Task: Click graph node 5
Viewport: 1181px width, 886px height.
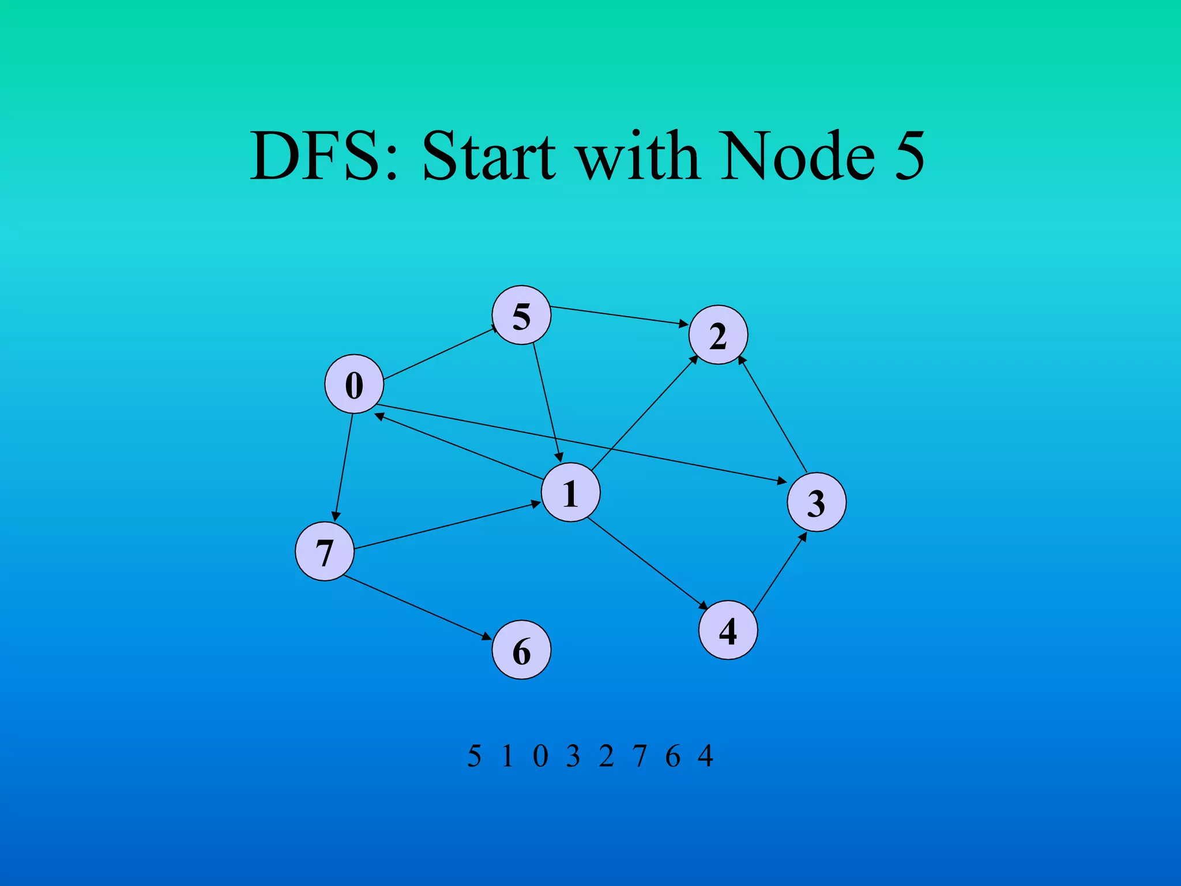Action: [x=521, y=315]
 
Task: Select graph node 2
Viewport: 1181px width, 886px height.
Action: [x=718, y=335]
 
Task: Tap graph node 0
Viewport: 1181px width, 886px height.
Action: [x=354, y=384]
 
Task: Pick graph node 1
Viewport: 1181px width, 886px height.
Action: [x=570, y=493]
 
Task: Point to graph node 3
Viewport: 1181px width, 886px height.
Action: [x=817, y=502]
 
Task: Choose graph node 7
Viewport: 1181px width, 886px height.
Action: [x=325, y=551]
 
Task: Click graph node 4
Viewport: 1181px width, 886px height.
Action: [x=728, y=630]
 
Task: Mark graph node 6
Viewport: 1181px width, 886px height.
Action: [x=521, y=650]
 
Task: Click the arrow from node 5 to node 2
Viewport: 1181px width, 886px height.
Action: [x=620, y=316]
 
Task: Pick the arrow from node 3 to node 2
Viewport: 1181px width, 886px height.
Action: [x=773, y=415]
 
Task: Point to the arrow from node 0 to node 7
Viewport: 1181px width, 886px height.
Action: [x=343, y=467]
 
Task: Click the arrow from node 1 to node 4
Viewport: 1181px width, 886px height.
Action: [x=647, y=564]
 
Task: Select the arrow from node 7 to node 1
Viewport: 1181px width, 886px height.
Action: [x=447, y=525]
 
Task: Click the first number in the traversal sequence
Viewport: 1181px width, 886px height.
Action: [x=474, y=756]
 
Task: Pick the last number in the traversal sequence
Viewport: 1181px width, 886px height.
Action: [x=705, y=756]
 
